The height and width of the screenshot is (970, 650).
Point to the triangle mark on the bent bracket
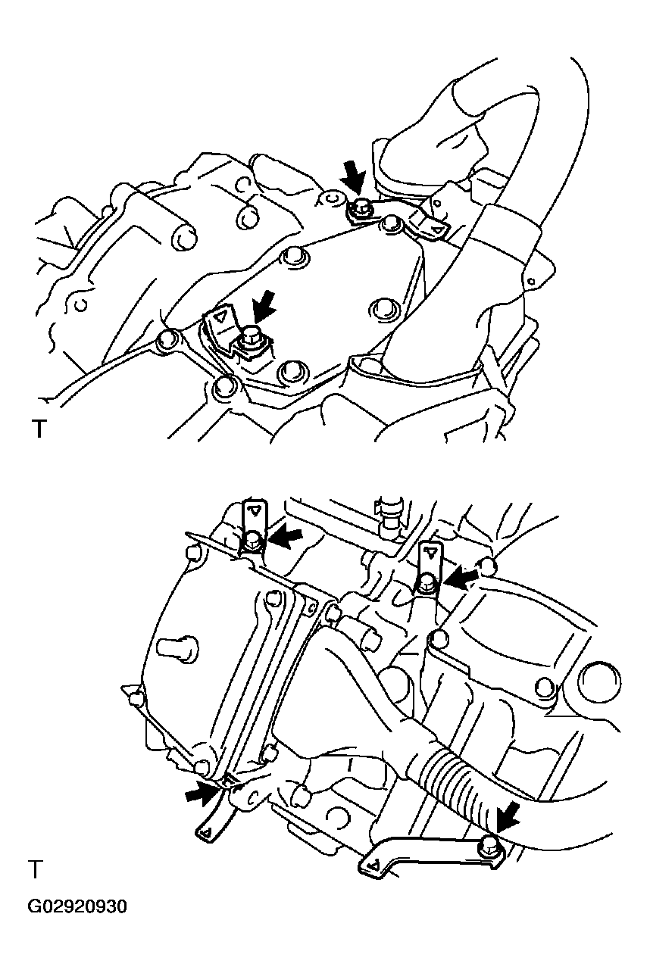pos(220,317)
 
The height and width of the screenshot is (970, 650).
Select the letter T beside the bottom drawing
pos(34,869)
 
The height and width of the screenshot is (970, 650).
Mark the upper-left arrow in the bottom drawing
pos(286,538)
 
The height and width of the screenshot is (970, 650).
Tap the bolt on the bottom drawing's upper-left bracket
pos(254,540)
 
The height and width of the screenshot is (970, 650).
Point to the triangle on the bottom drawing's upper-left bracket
pos(256,511)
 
